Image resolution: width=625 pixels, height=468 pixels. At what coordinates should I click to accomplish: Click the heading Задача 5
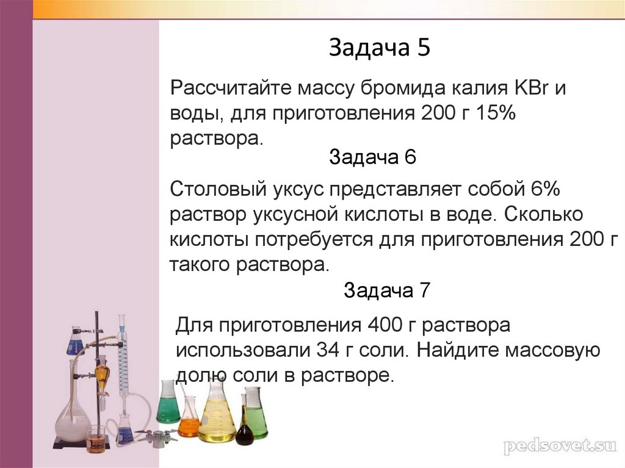[x=380, y=48]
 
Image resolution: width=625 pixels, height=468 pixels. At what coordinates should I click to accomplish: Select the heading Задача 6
[x=373, y=157]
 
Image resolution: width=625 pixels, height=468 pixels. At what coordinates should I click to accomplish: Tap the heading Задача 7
[x=387, y=290]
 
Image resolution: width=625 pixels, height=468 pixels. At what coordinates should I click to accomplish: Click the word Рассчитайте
[x=231, y=88]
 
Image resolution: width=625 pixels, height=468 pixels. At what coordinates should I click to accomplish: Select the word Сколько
[x=543, y=214]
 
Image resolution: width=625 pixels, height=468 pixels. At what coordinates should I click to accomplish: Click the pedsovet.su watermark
[x=560, y=446]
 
